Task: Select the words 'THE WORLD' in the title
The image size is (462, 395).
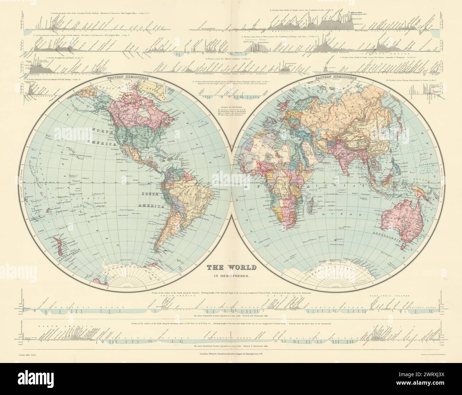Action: tap(231, 266)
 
